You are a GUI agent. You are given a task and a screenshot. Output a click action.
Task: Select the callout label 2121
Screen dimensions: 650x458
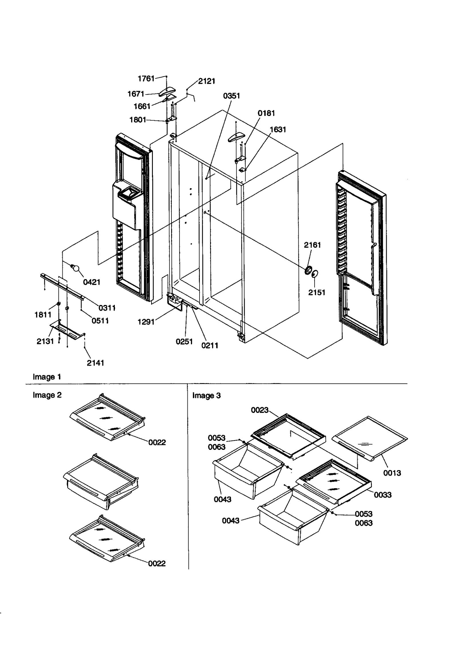(x=206, y=81)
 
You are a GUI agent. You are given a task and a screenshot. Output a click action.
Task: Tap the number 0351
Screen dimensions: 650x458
(x=231, y=96)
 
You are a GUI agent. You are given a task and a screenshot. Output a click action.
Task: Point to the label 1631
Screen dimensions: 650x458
(x=278, y=129)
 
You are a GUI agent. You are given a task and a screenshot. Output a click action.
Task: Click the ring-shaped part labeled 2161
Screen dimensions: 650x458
(x=309, y=270)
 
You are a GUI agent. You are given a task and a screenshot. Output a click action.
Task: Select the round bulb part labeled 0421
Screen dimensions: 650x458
(x=76, y=268)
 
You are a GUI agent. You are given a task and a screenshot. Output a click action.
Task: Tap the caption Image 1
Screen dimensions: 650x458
(x=47, y=377)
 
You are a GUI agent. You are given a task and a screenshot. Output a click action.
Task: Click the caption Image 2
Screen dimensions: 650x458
(x=47, y=395)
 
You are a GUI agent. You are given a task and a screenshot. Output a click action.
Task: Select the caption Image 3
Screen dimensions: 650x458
(x=206, y=395)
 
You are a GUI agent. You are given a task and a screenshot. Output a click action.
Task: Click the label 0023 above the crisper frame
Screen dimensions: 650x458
(x=259, y=410)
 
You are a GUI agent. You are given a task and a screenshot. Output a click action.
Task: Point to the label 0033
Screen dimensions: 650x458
(x=382, y=495)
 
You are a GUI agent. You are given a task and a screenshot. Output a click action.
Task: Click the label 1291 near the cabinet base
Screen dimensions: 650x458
(x=146, y=322)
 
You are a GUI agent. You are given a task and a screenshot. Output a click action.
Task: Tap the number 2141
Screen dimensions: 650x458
(x=95, y=363)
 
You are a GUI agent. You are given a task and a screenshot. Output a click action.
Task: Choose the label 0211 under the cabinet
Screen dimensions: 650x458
(x=210, y=345)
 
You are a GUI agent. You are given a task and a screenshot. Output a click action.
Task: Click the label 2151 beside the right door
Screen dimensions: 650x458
(x=317, y=292)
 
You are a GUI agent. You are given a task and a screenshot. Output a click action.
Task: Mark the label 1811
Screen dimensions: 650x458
(x=43, y=315)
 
